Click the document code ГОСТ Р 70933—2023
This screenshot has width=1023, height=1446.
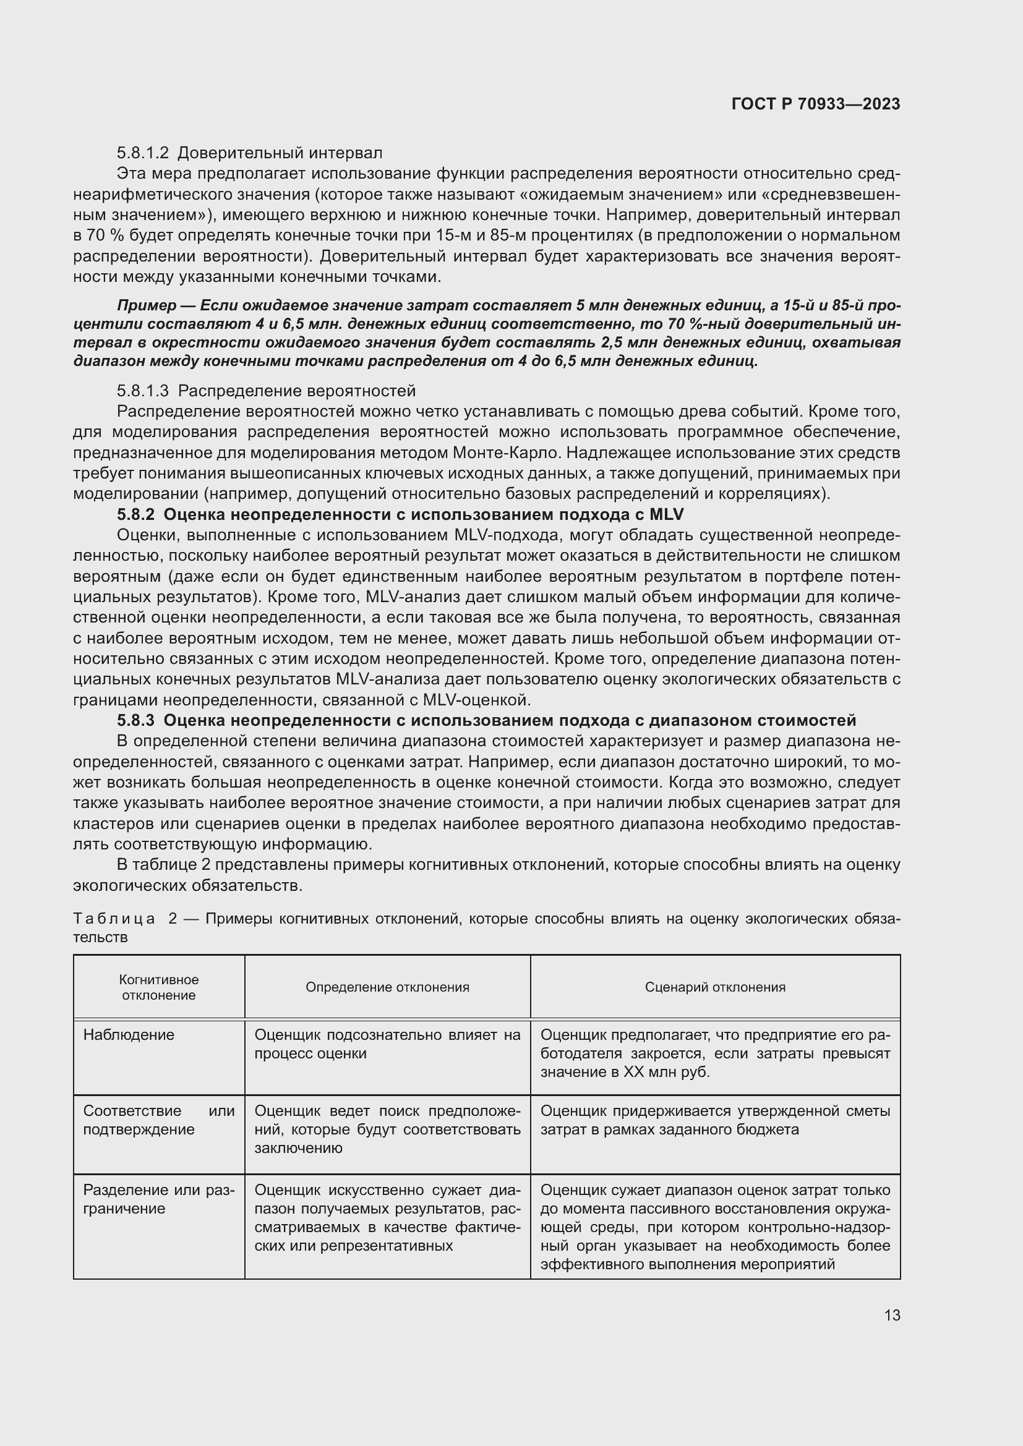tap(815, 104)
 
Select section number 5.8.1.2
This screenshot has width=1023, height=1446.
tap(143, 153)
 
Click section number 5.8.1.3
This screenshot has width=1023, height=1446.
tap(143, 391)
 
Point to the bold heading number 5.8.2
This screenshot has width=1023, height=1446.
tap(135, 514)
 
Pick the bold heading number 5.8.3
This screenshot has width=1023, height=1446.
tap(135, 720)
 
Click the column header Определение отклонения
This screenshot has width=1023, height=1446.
tap(387, 987)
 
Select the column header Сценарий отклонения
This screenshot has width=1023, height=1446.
tap(715, 987)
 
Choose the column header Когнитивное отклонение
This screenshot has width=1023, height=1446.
tap(159, 987)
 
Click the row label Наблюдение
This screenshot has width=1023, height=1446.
tap(129, 1035)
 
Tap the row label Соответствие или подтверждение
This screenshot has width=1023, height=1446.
tap(158, 1120)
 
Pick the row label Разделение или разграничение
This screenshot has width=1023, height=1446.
tap(158, 1199)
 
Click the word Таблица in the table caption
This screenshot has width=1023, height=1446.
tap(114, 919)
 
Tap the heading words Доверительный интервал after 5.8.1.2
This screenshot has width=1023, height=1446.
tap(280, 153)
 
